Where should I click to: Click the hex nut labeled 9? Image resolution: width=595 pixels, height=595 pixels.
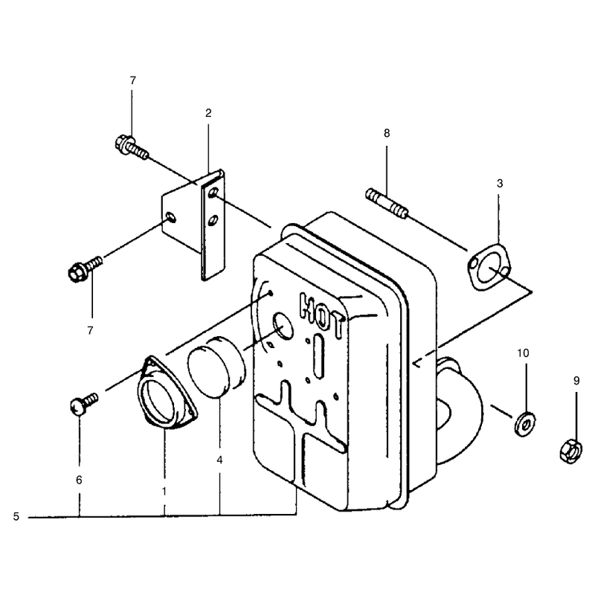tap(570, 451)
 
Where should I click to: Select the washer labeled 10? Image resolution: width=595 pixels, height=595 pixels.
tap(525, 424)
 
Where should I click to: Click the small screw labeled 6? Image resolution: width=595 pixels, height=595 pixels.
tap(84, 403)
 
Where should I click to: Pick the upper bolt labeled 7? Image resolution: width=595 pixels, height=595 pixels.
tap(131, 147)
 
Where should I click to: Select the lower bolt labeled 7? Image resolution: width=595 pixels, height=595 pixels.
tap(85, 268)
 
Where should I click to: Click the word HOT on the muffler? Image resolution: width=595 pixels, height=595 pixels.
tap(321, 315)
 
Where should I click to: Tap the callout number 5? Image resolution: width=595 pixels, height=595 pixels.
tap(16, 516)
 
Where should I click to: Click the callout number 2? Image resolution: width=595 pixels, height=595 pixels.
tap(208, 113)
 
